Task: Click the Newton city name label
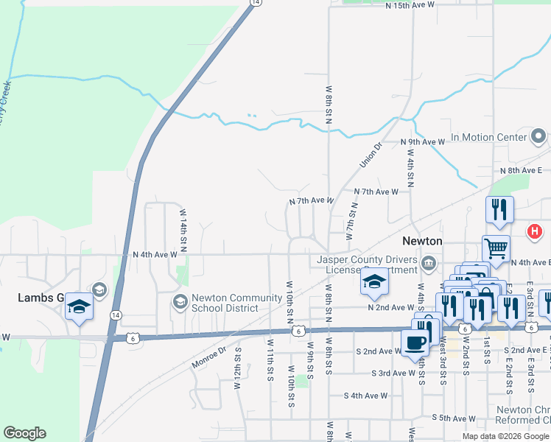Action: coord(422,241)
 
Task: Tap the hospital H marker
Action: coord(535,232)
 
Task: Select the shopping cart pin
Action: coord(496,248)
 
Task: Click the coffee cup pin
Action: coord(414,342)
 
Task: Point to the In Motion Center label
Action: coord(489,137)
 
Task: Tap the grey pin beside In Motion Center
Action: coord(538,136)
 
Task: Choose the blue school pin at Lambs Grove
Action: coord(79,306)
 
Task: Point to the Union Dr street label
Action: coord(373,155)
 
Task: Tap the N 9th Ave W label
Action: coord(422,141)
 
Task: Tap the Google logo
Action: coord(24,433)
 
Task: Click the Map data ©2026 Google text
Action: coord(505,436)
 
